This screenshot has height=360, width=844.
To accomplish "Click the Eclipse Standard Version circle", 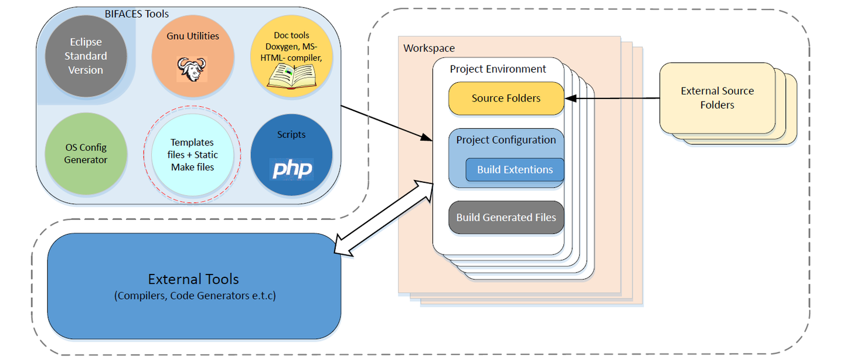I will [x=86, y=56].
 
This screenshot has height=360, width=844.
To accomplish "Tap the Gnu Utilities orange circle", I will [x=193, y=56].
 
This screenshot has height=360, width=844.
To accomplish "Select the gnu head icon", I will [x=192, y=69].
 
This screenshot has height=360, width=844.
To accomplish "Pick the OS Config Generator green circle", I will [x=86, y=154].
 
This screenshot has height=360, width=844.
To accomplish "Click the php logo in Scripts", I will [x=292, y=169].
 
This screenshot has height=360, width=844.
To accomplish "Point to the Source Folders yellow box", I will [x=506, y=99].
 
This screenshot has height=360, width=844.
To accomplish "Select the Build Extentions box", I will [x=515, y=170].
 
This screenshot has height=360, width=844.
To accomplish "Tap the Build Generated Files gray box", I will [x=506, y=218].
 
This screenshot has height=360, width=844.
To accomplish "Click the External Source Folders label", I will [x=717, y=98].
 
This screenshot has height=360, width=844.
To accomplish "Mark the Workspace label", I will [x=429, y=48].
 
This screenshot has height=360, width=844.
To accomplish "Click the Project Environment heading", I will [x=498, y=69].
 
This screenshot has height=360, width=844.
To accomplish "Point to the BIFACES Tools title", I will [x=137, y=13].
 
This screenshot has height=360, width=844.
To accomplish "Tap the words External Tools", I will [x=193, y=279].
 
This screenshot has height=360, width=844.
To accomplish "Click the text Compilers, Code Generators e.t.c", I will [x=195, y=296].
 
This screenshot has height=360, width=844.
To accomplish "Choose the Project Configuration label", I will [x=506, y=140].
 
